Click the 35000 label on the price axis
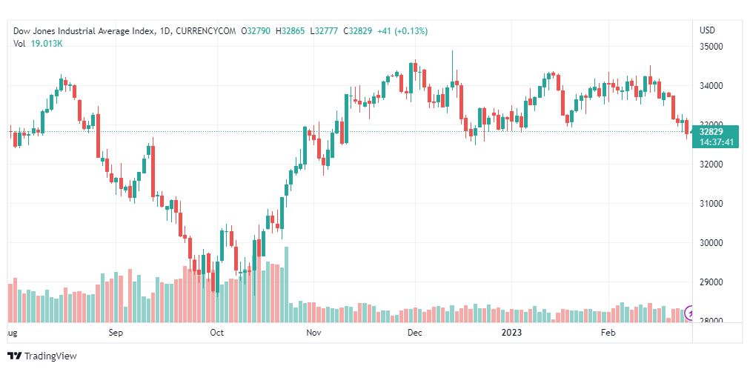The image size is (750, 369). tap(711, 47)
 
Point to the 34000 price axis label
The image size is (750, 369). tap(711, 86)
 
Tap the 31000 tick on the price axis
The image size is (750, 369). tap(711, 204)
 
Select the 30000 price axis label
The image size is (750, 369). tap(711, 243)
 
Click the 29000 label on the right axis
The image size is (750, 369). tap(711, 282)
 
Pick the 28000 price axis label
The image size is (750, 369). tap(711, 321)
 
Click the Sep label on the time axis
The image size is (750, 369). tap(115, 333)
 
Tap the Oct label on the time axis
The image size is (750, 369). tap(216, 333)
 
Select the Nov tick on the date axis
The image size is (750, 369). tap(314, 333)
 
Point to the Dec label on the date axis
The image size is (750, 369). tap(414, 333)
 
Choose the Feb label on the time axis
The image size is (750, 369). tap(608, 333)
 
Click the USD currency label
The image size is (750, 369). tap(707, 30)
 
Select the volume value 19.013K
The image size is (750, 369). tap(47, 44)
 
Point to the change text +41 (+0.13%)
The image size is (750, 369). tap(403, 31)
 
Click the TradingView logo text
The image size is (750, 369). tap(50, 356)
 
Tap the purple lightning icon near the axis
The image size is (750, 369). tap(691, 313)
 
